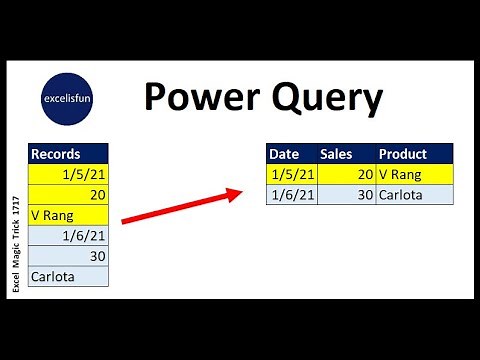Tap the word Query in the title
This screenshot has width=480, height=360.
(320, 98)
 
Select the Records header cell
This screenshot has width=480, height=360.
(68, 154)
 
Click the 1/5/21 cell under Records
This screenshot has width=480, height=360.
(68, 174)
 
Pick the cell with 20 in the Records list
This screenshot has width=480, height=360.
(68, 194)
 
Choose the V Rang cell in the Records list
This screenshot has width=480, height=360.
(68, 214)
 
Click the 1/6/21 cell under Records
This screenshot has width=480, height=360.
(68, 235)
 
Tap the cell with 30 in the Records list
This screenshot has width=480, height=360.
(68, 255)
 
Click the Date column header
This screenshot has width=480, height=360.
(292, 154)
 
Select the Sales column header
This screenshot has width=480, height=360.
(346, 154)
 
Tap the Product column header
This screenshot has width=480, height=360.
(414, 154)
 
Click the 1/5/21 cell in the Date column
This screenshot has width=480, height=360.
(292, 174)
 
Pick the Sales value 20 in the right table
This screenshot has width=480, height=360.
(346, 174)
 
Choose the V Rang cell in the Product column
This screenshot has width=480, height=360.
(414, 174)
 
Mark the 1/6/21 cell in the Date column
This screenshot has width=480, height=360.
(292, 194)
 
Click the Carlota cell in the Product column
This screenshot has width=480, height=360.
(414, 194)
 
